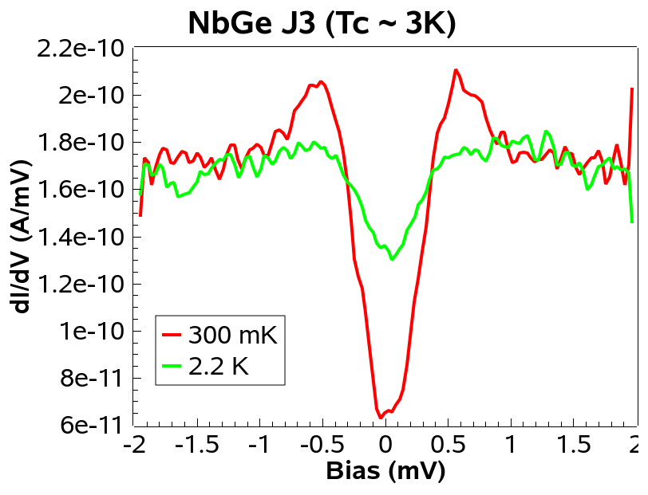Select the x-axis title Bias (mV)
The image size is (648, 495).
click(x=385, y=471)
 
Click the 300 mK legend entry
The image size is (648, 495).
click(x=232, y=336)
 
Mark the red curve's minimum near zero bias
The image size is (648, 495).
click(x=381, y=418)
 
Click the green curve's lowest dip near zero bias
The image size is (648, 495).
click(x=392, y=259)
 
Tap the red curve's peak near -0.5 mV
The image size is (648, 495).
click(x=321, y=81)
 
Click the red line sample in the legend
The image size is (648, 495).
click(x=173, y=336)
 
